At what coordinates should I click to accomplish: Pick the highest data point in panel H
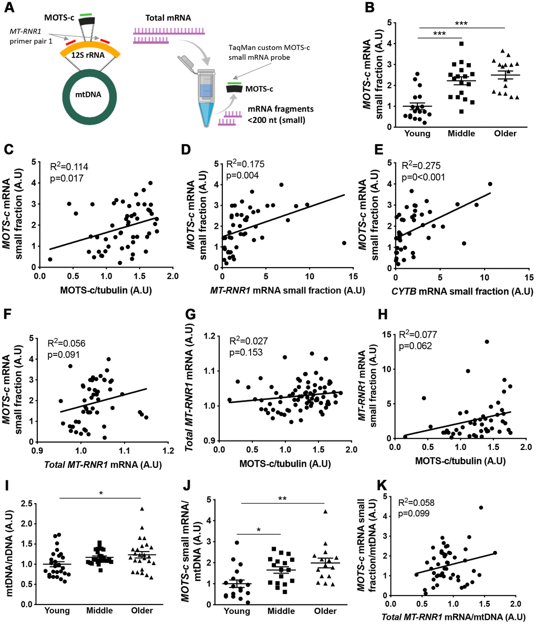point(487,342)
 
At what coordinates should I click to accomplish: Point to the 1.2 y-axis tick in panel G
point(207,336)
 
